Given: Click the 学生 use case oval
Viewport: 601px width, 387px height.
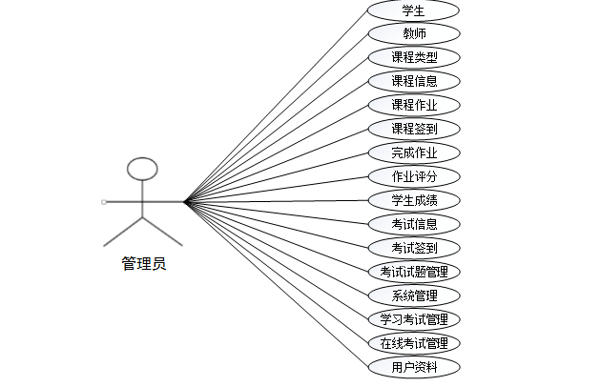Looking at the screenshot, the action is point(413,10).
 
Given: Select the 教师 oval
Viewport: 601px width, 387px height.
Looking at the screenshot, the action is point(413,34).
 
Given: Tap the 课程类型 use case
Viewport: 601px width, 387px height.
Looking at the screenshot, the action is point(413,58).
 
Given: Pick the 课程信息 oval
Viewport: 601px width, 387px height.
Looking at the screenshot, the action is point(413,81).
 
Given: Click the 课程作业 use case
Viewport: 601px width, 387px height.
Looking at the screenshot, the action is point(413,105).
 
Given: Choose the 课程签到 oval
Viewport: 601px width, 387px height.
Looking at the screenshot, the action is point(413,129).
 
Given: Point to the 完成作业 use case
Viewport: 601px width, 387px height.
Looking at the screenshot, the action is point(413,153).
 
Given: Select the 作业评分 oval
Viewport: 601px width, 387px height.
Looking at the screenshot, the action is point(413,176).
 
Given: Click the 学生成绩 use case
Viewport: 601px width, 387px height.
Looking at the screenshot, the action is point(413,200).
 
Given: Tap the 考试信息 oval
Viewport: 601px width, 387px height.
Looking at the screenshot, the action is point(413,224).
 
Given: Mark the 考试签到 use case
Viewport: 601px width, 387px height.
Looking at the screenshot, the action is point(413,248).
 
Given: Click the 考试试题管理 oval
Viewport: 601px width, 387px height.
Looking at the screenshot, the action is point(413,272).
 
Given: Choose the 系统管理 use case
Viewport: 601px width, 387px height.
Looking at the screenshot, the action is point(413,295).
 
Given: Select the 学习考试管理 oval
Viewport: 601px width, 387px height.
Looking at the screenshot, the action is point(413,319).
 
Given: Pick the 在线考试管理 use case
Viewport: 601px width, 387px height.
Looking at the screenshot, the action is point(413,343).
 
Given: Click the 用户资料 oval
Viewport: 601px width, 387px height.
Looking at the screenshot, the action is point(413,367).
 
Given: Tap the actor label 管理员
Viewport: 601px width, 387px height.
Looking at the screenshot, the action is point(143,264).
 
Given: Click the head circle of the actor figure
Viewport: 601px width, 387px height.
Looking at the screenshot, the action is point(142,170).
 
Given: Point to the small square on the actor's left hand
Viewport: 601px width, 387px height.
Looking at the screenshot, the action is point(103,202).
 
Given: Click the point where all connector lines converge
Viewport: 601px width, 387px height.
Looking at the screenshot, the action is point(184,201).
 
